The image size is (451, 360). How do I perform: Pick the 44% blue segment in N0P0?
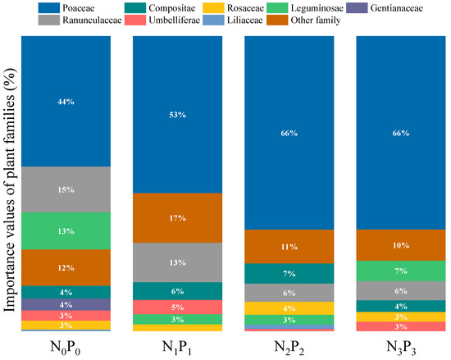[66, 101]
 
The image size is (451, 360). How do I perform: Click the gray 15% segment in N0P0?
[66, 189]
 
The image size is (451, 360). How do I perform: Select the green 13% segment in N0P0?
[66, 230]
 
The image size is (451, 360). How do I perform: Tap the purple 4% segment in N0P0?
[66, 304]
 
